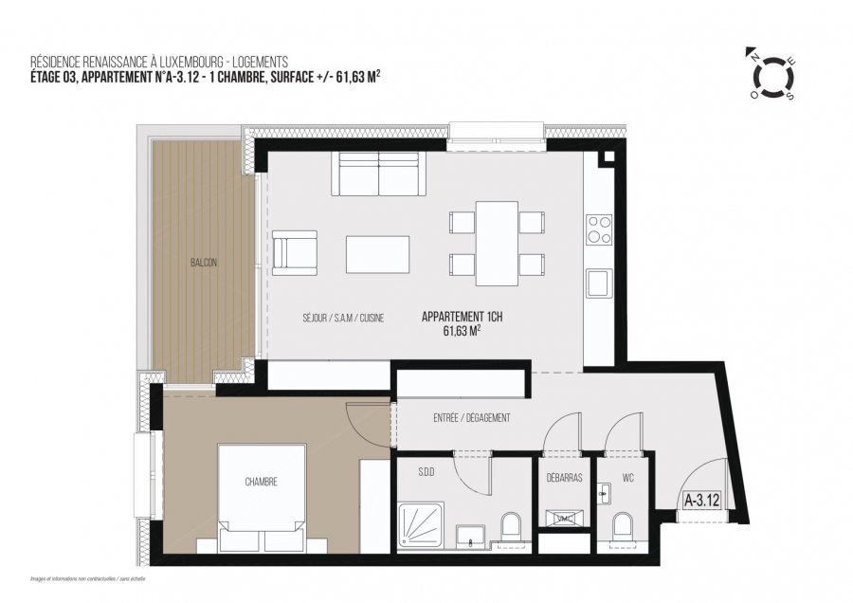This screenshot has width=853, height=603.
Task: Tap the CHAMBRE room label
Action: click(261, 482)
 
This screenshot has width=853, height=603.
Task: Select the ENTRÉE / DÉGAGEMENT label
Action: click(472, 418)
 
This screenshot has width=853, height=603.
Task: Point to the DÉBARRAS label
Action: click(564, 478)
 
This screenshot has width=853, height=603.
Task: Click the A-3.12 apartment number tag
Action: click(701, 498)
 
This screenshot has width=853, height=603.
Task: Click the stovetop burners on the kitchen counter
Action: click(598, 230)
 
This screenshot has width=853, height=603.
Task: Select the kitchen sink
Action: click(598, 283)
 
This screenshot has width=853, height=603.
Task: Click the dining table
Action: click(497, 243)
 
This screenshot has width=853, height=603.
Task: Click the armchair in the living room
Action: click(295, 252)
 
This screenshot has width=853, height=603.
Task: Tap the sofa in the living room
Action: click(378, 174)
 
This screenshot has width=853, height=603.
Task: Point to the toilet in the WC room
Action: click(623, 526)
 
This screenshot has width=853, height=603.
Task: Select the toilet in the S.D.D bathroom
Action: click(510, 526)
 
